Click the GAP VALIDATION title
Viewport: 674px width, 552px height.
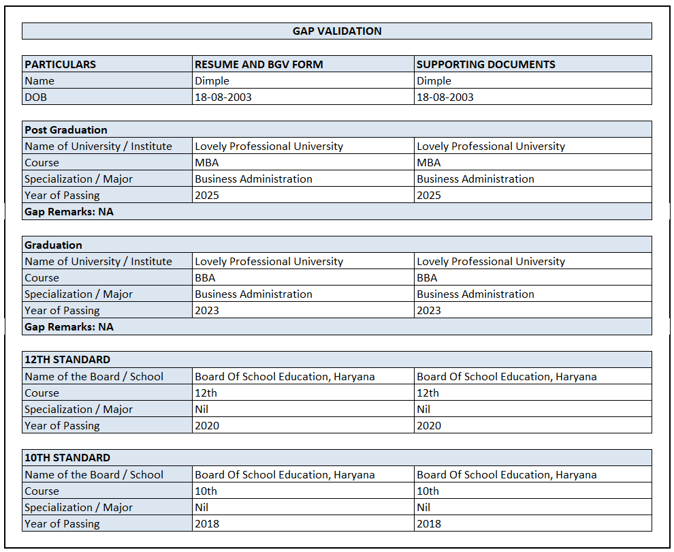pos(337,31)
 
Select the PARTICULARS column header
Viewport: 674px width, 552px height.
pos(61,65)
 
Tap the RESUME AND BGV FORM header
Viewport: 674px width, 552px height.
pos(259,65)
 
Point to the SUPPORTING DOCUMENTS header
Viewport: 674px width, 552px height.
pos(486,65)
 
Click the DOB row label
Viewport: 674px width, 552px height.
pos(36,97)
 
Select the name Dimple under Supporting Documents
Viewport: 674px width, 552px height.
pos(434,81)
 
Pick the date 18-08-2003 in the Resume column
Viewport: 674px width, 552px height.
pos(223,97)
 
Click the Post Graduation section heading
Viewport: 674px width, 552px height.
pos(66,130)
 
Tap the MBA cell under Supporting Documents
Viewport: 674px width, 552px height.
pos(429,163)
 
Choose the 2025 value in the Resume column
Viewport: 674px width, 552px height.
pos(207,196)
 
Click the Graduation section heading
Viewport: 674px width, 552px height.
pos(53,245)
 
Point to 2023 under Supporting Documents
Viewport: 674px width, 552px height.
pos(429,311)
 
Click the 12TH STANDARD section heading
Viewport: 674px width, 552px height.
pos(67,360)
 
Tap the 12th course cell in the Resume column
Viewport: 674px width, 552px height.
pos(206,393)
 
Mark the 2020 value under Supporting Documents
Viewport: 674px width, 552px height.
pos(429,426)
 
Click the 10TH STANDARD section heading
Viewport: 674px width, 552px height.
pos(67,458)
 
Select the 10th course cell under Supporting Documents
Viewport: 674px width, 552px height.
pos(428,491)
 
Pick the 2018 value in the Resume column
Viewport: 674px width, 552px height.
pos(207,524)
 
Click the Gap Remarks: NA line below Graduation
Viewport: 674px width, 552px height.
pos(69,327)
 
